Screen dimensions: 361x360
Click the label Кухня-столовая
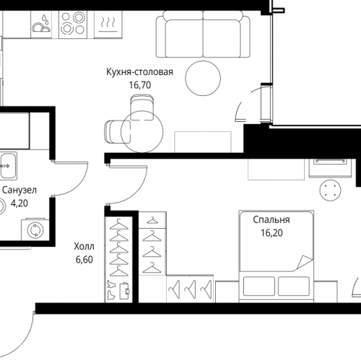(x=139, y=72)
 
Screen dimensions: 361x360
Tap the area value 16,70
(x=140, y=85)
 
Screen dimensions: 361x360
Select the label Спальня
(x=271, y=220)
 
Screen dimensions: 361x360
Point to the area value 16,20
(x=271, y=233)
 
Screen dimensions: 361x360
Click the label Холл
(x=84, y=247)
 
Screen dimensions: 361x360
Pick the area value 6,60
(x=84, y=260)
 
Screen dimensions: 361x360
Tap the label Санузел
(x=19, y=190)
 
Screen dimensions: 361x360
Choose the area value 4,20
(x=19, y=203)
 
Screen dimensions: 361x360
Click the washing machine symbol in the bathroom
(x=35, y=229)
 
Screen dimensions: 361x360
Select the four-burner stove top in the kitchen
(x=73, y=25)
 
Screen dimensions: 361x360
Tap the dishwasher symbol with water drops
(x=41, y=25)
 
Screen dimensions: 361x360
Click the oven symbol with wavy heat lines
(x=108, y=25)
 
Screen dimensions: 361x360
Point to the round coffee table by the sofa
(x=203, y=79)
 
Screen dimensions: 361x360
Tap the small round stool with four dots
(x=331, y=190)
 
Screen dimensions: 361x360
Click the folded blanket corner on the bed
(x=304, y=263)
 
